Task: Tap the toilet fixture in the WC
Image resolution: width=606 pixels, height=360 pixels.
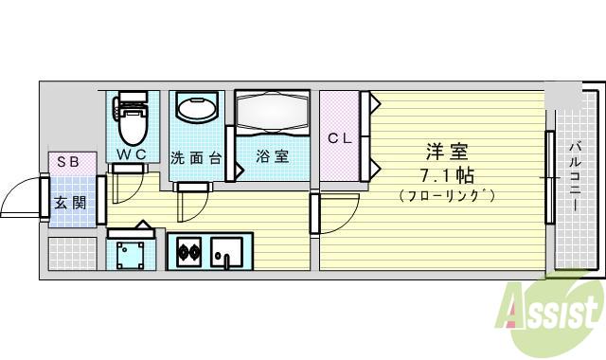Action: [132, 123]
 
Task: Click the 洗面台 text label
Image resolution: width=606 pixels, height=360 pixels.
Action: [196, 157]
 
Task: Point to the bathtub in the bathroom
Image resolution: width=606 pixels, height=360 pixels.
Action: [273, 113]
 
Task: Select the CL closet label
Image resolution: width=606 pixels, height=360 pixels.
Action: [340, 138]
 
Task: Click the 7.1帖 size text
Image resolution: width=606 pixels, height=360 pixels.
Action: [448, 175]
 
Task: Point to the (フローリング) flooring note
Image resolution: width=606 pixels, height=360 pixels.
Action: [448, 196]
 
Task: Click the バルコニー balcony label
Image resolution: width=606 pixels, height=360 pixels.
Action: [575, 177]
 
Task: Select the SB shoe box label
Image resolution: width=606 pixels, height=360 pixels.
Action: [67, 162]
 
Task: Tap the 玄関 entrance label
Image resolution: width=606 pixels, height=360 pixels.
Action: [67, 201]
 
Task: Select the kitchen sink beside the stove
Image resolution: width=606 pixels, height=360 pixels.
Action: [225, 253]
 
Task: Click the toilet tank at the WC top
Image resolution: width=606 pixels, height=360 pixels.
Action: [132, 98]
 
